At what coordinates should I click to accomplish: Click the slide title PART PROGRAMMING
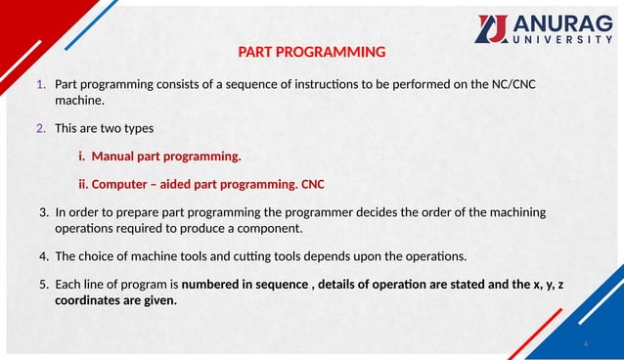pos(312,52)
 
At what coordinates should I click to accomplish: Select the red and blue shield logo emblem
pos(491,29)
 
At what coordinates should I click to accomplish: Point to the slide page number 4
pos(585,344)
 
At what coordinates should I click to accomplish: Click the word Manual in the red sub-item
pos(115,157)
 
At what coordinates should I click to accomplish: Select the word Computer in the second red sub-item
pos(124,184)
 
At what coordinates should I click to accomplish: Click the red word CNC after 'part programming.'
pos(314,184)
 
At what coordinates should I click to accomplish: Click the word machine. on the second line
pos(79,101)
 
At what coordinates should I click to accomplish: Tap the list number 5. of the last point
pos(44,285)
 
